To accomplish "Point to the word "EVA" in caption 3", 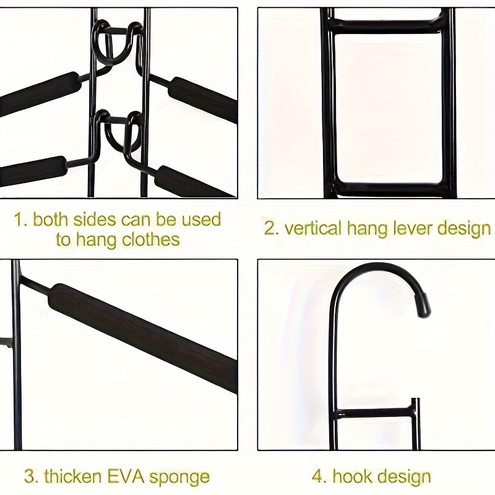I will [x=126, y=477].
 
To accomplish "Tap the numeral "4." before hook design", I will [x=320, y=476].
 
